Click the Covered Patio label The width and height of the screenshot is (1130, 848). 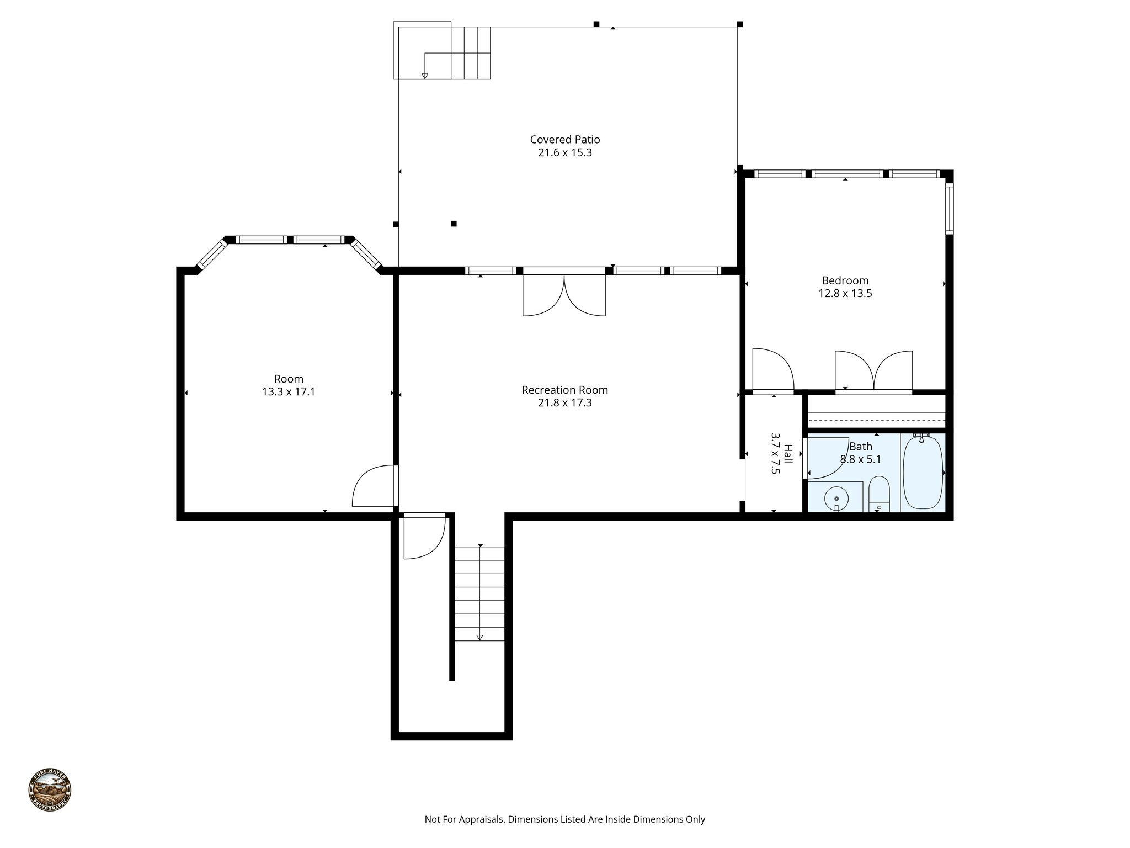(x=564, y=140)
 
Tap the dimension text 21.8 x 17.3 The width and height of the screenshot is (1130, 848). (x=564, y=403)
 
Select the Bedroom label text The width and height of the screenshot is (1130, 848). (x=845, y=280)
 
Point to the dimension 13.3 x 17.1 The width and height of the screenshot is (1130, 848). (x=289, y=393)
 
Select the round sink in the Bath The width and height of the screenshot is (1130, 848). (x=836, y=499)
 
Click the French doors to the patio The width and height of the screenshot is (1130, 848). (x=564, y=295)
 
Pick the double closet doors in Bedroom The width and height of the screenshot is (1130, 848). (x=873, y=371)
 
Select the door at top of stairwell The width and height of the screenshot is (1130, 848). (x=424, y=536)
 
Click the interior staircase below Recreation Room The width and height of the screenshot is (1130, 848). (x=479, y=593)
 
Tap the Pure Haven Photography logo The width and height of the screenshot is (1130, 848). (x=50, y=789)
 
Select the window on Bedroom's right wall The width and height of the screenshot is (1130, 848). (x=949, y=209)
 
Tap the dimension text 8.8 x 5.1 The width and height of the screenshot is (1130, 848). (x=860, y=459)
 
